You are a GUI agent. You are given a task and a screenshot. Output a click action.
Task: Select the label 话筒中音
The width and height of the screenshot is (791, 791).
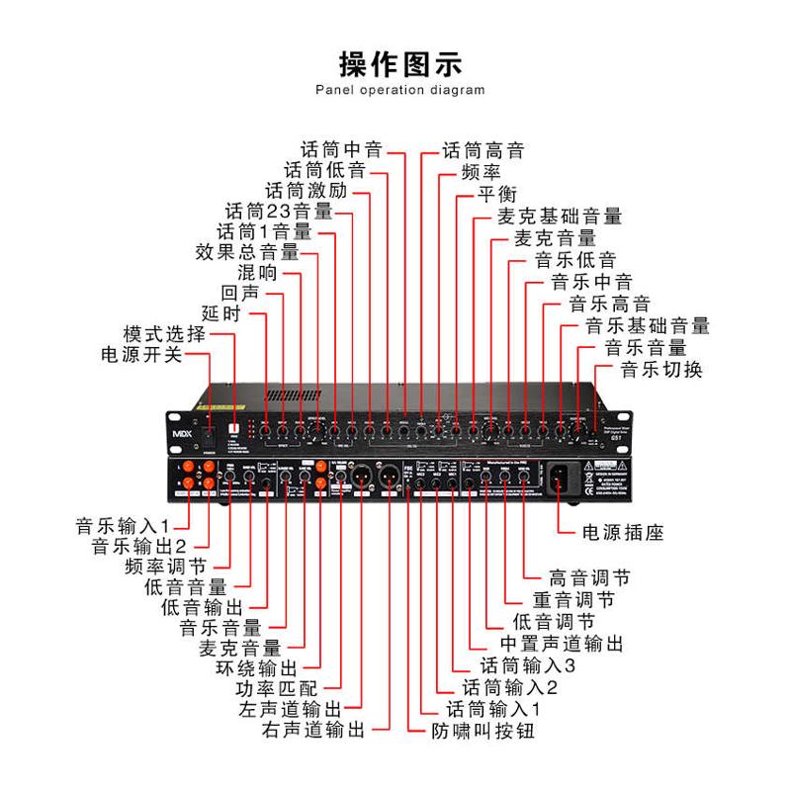click(340, 151)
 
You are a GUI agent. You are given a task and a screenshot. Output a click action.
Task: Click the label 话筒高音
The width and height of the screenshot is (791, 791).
click(483, 151)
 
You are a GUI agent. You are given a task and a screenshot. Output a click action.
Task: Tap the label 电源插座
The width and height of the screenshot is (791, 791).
click(622, 533)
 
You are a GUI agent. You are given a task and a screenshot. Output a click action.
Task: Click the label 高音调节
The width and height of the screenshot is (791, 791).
click(588, 577)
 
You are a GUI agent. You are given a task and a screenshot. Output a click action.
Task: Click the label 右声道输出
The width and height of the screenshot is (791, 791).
click(313, 732)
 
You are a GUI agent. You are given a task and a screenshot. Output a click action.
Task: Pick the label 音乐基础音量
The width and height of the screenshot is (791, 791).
click(647, 325)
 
